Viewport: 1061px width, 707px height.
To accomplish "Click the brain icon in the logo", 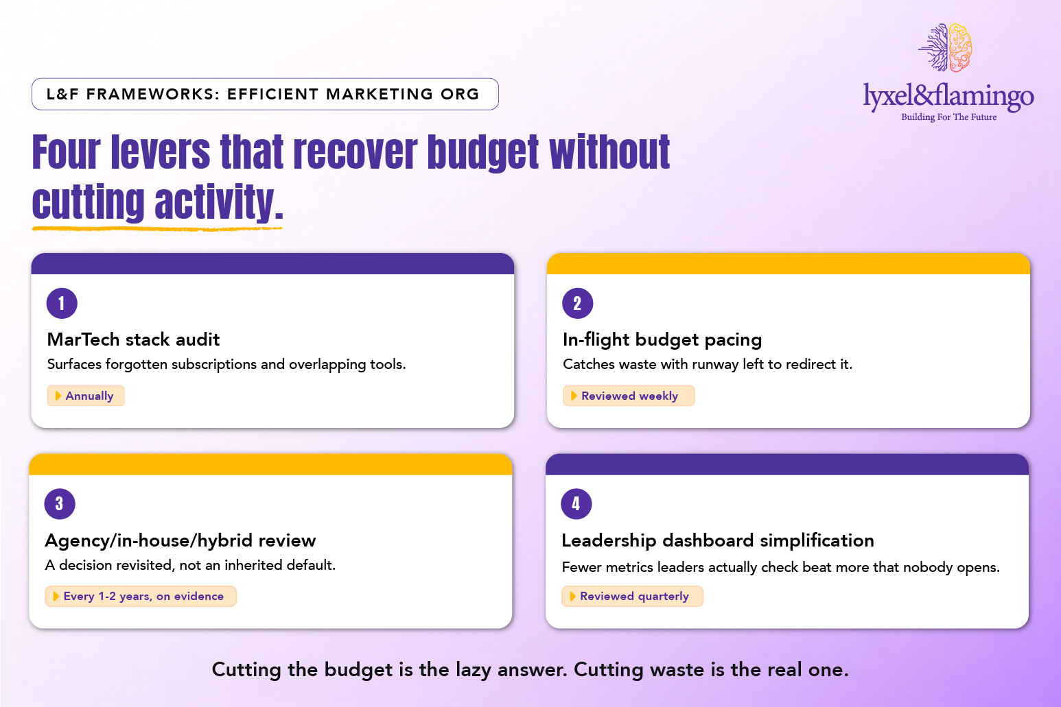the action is point(946,48).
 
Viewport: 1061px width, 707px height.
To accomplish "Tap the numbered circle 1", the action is point(62,303).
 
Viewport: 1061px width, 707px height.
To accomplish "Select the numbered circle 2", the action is point(577,303).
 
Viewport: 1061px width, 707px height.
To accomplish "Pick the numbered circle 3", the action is point(60,504).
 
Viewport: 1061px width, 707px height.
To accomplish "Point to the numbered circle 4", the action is point(576,504).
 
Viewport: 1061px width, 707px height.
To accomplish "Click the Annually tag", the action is point(86,396).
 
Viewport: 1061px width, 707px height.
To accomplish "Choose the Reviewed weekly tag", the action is point(629,396).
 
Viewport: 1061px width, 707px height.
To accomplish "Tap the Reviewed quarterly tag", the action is point(632,597).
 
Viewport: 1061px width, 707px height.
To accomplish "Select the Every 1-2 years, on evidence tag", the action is point(141,597).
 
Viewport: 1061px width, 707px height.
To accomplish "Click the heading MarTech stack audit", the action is point(133,339).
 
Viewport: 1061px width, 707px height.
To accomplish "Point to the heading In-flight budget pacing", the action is point(662,339).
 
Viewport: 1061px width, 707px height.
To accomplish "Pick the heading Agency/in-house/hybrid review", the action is point(180,540).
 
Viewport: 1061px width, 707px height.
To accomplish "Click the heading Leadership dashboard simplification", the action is point(718,540).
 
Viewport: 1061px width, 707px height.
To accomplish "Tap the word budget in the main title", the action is point(482,153).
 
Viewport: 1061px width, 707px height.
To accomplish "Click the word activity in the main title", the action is point(218,202).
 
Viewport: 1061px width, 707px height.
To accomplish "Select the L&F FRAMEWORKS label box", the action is point(265,94).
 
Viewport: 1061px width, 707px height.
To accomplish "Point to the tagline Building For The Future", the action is point(948,117).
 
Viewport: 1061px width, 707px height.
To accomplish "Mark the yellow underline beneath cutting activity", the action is point(157,229).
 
